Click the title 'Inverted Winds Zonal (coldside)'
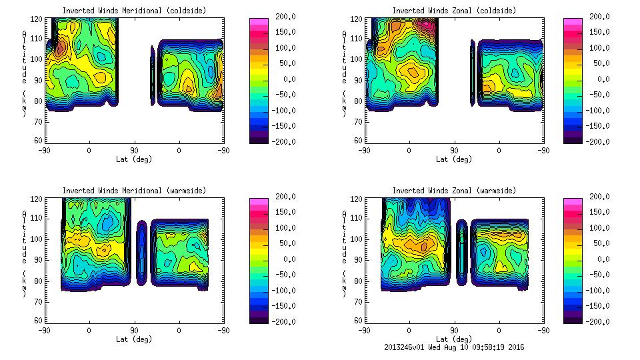pyautogui.click(x=454, y=11)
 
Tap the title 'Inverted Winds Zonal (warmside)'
pyautogui.click(x=454, y=191)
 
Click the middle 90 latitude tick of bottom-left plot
pyautogui.click(x=134, y=330)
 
